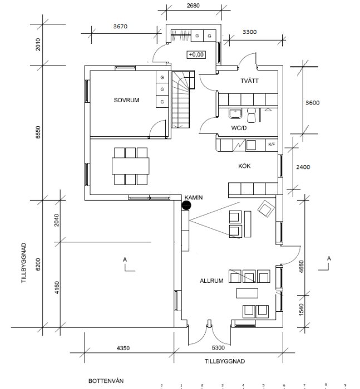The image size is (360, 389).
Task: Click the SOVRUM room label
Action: [126, 101]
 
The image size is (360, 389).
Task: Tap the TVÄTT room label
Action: [250, 81]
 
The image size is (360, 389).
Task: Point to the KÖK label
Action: [245, 165]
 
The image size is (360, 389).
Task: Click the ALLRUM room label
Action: [211, 281]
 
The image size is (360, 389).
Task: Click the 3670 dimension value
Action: [120, 26]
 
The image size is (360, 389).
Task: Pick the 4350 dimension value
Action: [124, 348]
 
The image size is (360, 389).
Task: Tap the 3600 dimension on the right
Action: [312, 102]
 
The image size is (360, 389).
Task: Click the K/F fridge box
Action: [272, 145]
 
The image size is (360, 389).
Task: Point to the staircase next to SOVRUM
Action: [180, 100]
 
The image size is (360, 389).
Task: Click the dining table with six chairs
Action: [131, 166]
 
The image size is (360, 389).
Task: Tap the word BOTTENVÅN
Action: [106, 381]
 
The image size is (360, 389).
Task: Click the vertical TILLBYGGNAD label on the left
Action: [24, 262]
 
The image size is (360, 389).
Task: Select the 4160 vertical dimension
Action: [58, 283]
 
